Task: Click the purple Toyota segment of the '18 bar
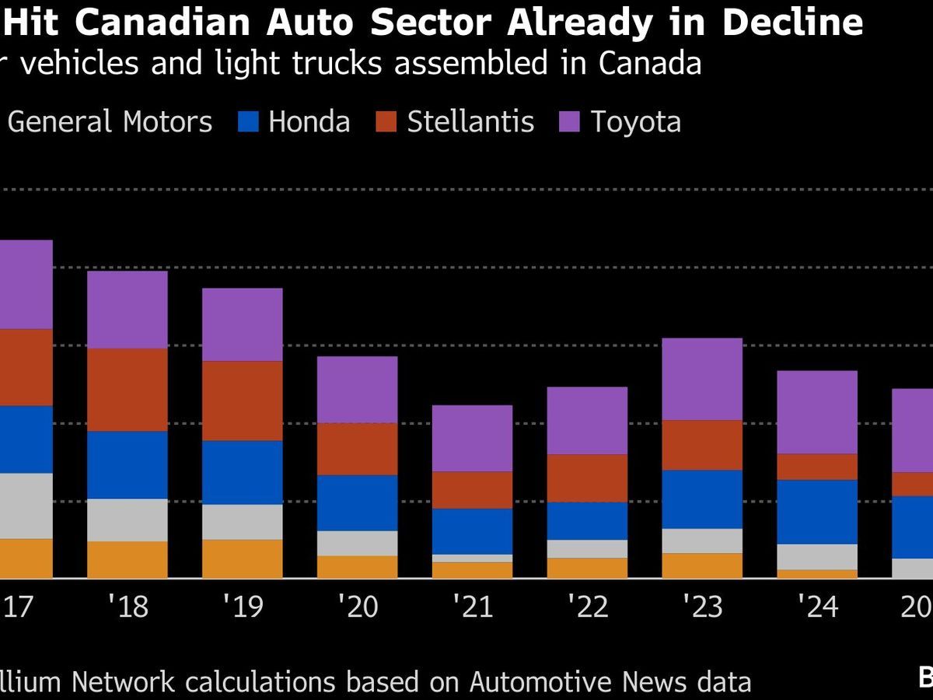(127, 310)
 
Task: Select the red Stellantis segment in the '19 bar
(242, 401)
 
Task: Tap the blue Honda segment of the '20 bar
(357, 502)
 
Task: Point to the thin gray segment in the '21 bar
(472, 558)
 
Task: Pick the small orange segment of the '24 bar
(817, 574)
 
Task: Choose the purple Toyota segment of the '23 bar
(702, 379)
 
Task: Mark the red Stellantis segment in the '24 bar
(817, 467)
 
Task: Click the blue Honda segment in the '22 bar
(587, 520)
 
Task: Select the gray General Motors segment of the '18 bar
(127, 520)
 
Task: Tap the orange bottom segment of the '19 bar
(242, 558)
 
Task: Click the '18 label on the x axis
(127, 606)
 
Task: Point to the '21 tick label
(472, 606)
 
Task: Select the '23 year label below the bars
(702, 606)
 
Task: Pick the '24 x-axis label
(817, 606)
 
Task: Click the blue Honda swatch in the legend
(248, 122)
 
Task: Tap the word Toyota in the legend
(635, 122)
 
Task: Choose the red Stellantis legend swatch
(387, 122)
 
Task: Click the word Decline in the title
(792, 23)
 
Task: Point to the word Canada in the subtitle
(650, 63)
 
